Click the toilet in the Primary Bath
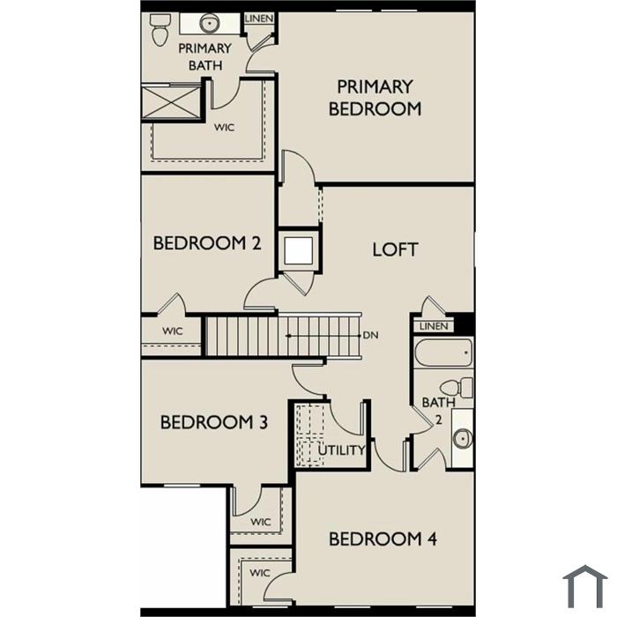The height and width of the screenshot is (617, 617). click(x=160, y=30)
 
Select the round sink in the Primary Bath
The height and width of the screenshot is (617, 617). click(x=209, y=23)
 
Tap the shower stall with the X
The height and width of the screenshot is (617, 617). click(x=171, y=102)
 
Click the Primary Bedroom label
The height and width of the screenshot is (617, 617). click(x=375, y=98)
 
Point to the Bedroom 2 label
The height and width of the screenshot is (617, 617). click(x=207, y=243)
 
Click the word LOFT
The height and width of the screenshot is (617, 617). click(x=395, y=249)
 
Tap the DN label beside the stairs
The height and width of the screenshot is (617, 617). click(x=370, y=335)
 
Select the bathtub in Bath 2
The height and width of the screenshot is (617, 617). click(x=443, y=353)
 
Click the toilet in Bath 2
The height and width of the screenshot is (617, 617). click(x=457, y=388)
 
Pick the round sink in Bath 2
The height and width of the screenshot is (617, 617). click(x=463, y=438)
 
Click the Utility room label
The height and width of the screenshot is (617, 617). click(x=342, y=450)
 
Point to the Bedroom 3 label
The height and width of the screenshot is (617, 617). click(x=214, y=422)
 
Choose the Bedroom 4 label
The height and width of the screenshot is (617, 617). click(x=383, y=539)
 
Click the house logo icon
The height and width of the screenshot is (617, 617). click(x=585, y=586)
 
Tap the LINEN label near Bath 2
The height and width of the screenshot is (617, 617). click(x=434, y=326)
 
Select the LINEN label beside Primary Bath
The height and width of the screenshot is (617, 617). click(x=259, y=19)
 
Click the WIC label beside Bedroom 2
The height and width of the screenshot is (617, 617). click(x=173, y=331)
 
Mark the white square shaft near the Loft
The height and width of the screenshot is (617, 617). click(x=298, y=250)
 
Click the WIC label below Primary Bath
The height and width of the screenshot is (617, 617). click(x=224, y=128)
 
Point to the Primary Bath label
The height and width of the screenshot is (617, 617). click(x=205, y=56)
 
